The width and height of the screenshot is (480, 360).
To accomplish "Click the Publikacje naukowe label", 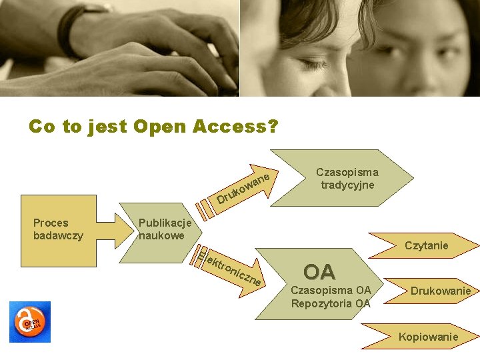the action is point(165,229).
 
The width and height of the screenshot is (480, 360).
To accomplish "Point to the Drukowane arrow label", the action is point(243,187).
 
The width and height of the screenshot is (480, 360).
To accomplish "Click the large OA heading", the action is point(319,272).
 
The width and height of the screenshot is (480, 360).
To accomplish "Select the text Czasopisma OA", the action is point(331,290).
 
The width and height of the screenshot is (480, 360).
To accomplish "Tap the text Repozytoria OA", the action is point(331,303).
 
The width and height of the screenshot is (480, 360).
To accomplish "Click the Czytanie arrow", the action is point(426,246).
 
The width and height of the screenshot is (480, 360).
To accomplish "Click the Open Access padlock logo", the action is point(29,322).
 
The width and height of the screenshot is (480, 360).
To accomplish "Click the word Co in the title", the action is point(42,126).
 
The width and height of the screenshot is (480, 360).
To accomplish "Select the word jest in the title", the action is point(107,126).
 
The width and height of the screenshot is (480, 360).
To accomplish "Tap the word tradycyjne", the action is point(347,185).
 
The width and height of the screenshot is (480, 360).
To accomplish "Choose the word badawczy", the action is point(58,235).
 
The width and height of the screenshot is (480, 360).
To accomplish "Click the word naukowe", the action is point(161,235).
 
